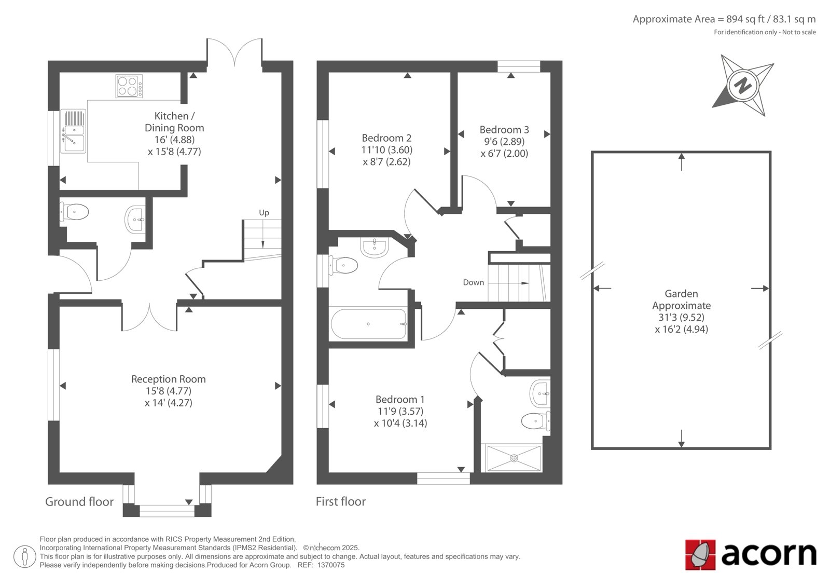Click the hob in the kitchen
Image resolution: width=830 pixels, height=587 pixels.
tap(129, 86)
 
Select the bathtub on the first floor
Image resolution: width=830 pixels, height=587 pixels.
tap(368, 324)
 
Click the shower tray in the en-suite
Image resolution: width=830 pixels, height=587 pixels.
tap(514, 458)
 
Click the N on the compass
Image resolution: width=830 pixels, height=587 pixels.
tap(742, 86)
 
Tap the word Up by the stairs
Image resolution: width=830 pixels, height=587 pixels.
tap(264, 213)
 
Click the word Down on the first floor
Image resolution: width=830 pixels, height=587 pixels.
tap(474, 282)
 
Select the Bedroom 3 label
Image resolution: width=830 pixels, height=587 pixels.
tap(504, 130)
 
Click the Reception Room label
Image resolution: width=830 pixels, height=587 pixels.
tap(169, 379)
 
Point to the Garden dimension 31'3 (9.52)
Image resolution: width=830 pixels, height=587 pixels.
tap(681, 318)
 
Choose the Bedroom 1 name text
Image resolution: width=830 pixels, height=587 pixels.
tap(400, 399)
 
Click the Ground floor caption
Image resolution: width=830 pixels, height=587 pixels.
tap(79, 502)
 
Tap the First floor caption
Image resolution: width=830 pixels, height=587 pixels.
tap(340, 502)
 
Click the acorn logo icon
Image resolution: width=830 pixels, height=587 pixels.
tap(700, 555)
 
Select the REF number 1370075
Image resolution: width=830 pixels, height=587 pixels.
tap(330, 565)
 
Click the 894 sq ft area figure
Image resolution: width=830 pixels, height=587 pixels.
tap(744, 19)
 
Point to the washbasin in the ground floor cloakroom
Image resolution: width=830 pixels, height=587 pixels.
tap(135, 220)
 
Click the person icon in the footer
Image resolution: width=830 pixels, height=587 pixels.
tap(24, 556)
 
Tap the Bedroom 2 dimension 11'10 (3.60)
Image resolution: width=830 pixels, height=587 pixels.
tap(387, 150)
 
